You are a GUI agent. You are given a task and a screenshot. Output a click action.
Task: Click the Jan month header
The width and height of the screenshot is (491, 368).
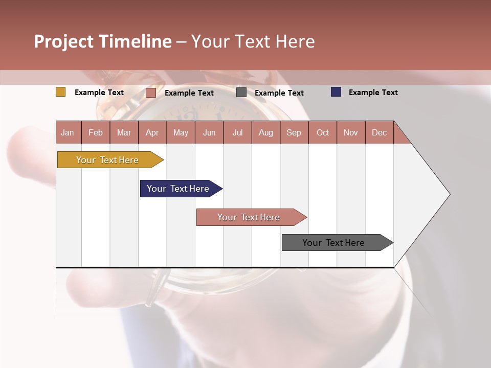click(x=68, y=132)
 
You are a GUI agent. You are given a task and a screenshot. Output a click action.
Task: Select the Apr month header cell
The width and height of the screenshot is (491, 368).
click(x=152, y=132)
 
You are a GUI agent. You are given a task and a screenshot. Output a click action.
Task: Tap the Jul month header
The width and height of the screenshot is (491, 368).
click(x=237, y=132)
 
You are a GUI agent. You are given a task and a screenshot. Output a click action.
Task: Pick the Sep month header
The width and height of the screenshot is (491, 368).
click(x=294, y=132)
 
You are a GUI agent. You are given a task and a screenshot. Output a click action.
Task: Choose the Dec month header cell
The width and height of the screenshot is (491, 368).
click(x=379, y=132)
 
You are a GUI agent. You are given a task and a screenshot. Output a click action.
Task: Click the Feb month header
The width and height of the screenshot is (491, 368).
click(x=96, y=132)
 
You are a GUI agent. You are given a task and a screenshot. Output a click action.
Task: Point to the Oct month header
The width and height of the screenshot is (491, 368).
click(x=322, y=132)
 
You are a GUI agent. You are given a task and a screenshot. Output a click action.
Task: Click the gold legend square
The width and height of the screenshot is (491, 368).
click(x=61, y=92)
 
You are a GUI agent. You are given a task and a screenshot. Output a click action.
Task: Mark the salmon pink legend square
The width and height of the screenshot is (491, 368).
click(x=151, y=93)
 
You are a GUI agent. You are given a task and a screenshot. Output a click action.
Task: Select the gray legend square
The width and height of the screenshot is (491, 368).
click(x=241, y=93)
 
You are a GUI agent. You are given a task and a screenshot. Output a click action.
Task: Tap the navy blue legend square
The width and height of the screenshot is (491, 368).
click(x=336, y=92)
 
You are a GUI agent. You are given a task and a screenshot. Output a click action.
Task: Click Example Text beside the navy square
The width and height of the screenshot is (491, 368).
click(x=373, y=93)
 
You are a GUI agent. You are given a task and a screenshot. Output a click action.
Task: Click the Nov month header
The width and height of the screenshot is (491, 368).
click(x=351, y=132)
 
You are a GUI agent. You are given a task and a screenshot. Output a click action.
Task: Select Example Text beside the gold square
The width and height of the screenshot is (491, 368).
click(x=99, y=93)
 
